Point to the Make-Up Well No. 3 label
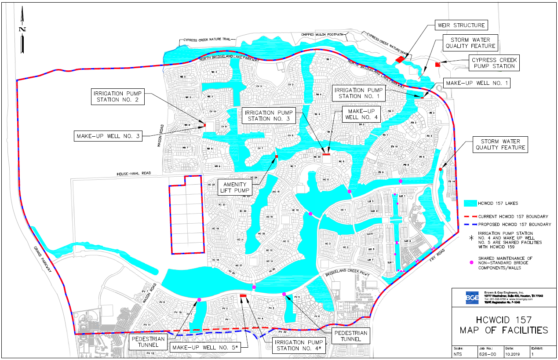point(108,136)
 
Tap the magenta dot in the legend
point(472,262)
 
